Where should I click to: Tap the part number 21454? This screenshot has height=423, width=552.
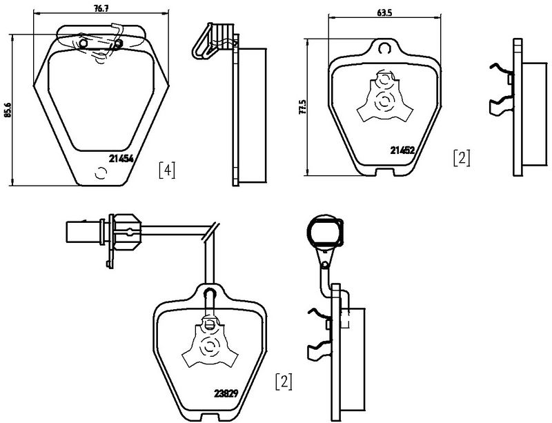121,158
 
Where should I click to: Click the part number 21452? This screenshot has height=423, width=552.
402,150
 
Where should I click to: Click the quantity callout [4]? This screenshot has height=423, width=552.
166,169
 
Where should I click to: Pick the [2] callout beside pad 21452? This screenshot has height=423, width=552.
461,157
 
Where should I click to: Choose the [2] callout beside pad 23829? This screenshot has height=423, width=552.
284,380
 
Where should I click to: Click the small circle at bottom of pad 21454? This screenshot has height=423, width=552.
101,175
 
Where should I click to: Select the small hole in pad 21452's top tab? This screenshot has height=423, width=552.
384,48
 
